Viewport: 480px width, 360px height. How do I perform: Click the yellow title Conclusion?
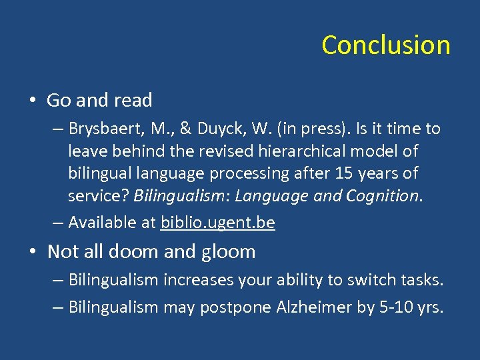pyautogui.click(x=385, y=45)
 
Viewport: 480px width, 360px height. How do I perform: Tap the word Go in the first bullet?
pyautogui.click(x=59, y=101)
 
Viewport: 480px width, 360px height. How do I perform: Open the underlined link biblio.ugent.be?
pyautogui.click(x=218, y=223)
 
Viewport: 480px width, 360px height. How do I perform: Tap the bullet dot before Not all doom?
pyautogui.click(x=33, y=252)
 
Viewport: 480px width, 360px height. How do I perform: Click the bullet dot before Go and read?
pyautogui.click(x=33, y=101)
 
